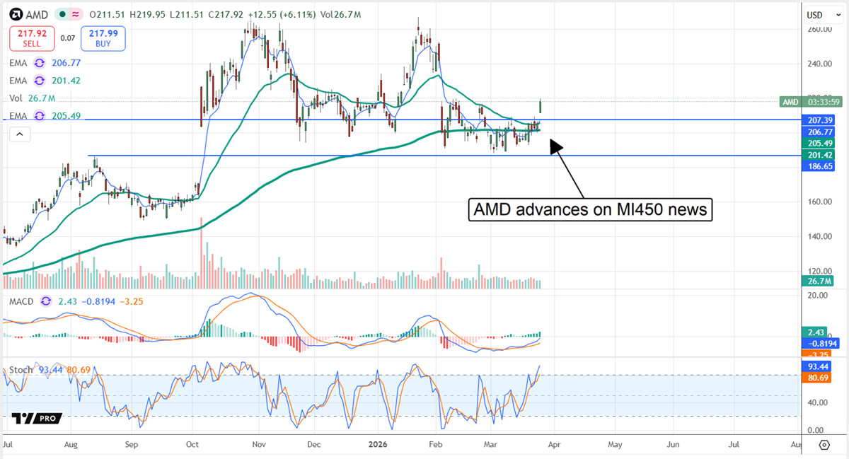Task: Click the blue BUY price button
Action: pyautogui.click(x=103, y=38)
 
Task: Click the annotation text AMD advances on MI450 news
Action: pyautogui.click(x=590, y=210)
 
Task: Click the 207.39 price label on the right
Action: pyautogui.click(x=819, y=120)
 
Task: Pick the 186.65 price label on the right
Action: pyautogui.click(x=819, y=165)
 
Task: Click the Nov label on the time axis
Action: pyautogui.click(x=258, y=446)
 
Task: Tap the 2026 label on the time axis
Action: pyautogui.click(x=376, y=446)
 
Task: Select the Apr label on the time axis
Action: pyautogui.click(x=554, y=446)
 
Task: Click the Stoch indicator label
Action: pyautogui.click(x=21, y=369)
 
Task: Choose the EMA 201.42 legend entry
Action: pyautogui.click(x=57, y=81)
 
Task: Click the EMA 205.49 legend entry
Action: pyautogui.click(x=57, y=115)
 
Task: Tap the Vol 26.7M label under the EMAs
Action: pyautogui.click(x=32, y=98)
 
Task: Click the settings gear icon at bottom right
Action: pyautogui.click(x=824, y=445)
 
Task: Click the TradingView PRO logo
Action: pyautogui.click(x=36, y=419)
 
